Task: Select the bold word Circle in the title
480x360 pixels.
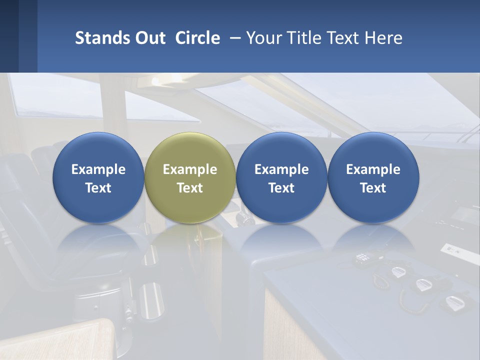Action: pyautogui.click(x=197, y=38)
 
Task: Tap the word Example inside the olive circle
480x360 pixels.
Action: pyautogui.click(x=190, y=169)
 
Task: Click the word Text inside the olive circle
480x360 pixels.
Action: pyautogui.click(x=190, y=188)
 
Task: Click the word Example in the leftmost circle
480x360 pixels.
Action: pyautogui.click(x=98, y=169)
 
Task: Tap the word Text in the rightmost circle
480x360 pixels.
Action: pyautogui.click(x=373, y=188)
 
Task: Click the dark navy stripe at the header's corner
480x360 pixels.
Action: pyautogui.click(x=9, y=36)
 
